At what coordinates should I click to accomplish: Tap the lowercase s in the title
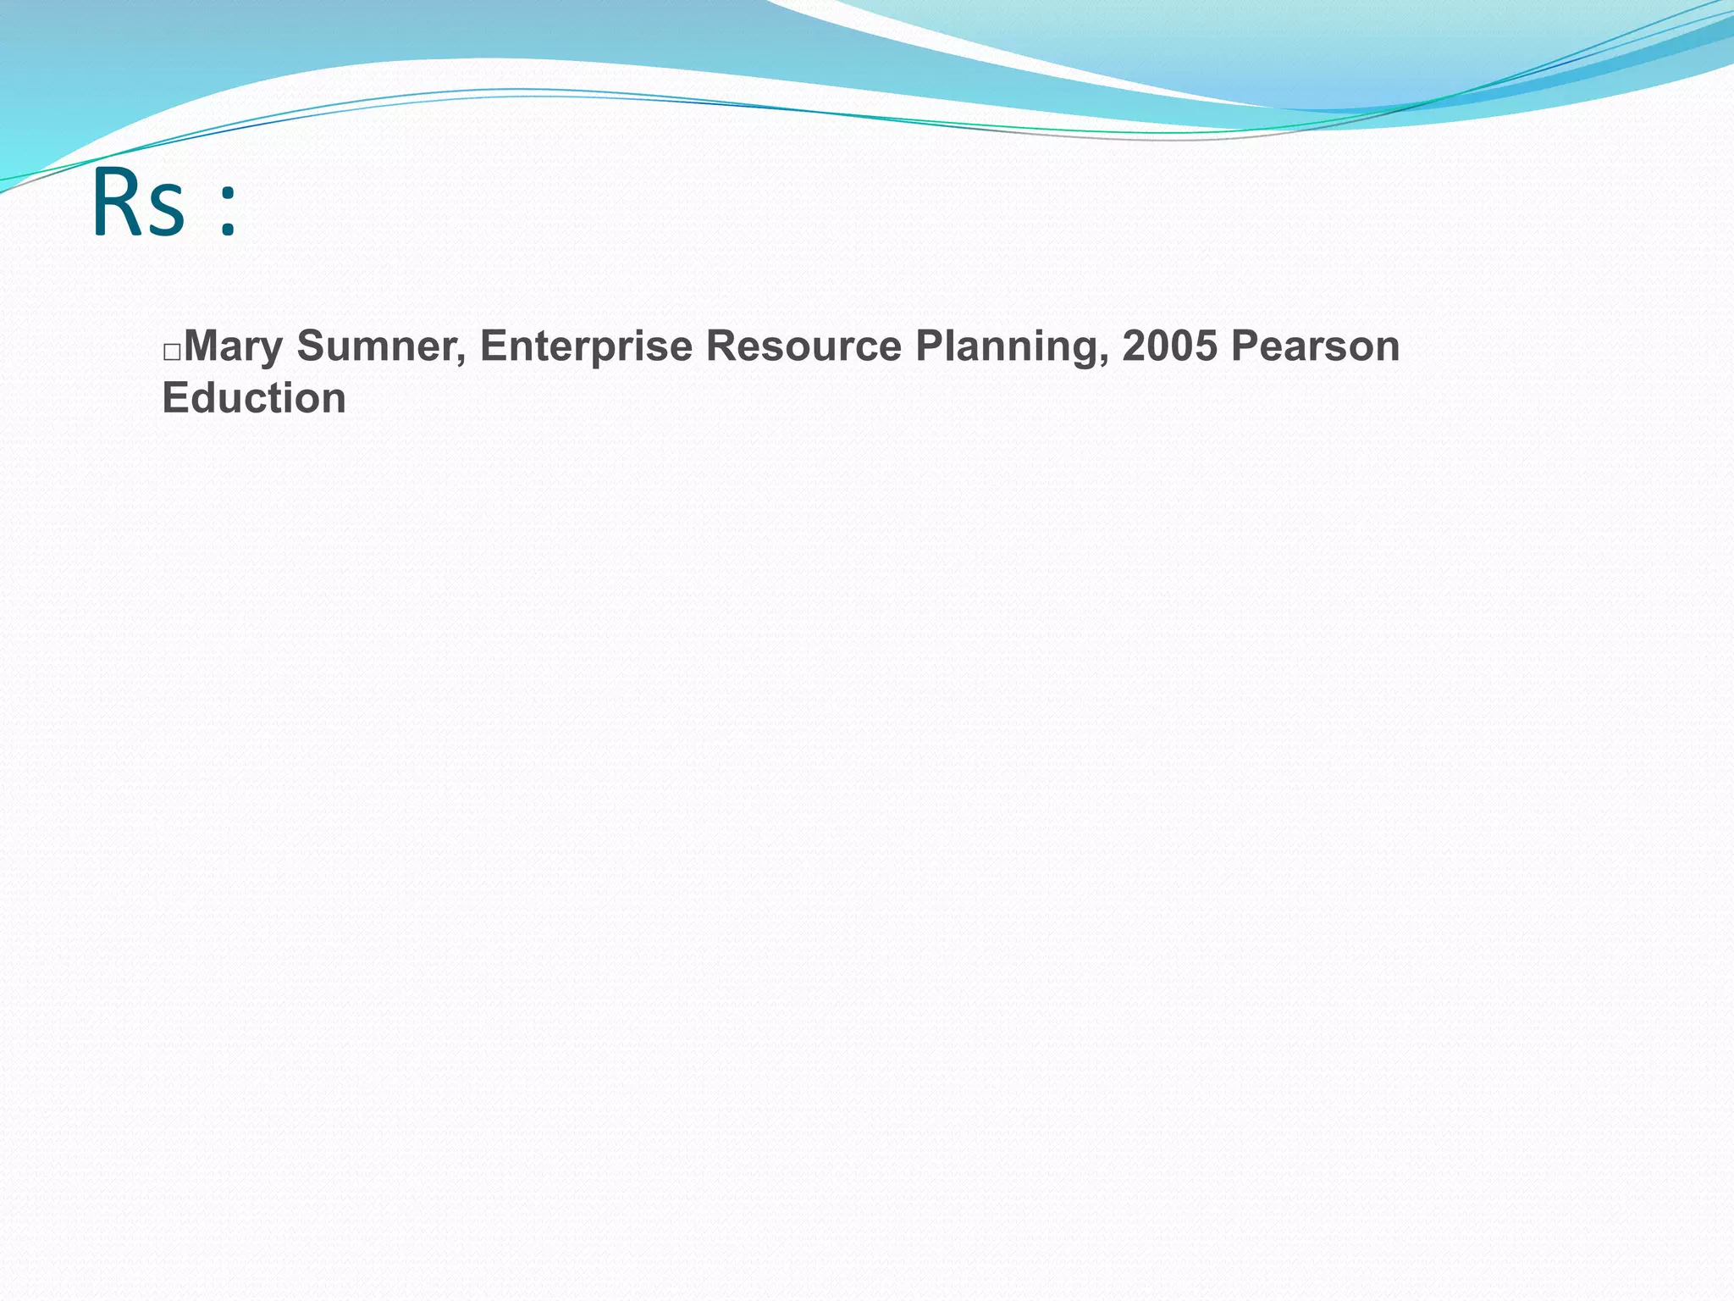pyautogui.click(x=167, y=212)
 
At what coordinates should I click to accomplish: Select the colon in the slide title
pyautogui.click(x=227, y=212)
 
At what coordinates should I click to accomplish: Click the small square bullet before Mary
pyautogui.click(x=171, y=352)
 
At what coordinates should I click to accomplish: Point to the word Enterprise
pyautogui.click(x=586, y=347)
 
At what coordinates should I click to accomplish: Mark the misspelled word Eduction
pyautogui.click(x=254, y=398)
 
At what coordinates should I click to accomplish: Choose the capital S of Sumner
pyautogui.click(x=310, y=346)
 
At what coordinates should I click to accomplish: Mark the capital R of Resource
pyautogui.click(x=720, y=346)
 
